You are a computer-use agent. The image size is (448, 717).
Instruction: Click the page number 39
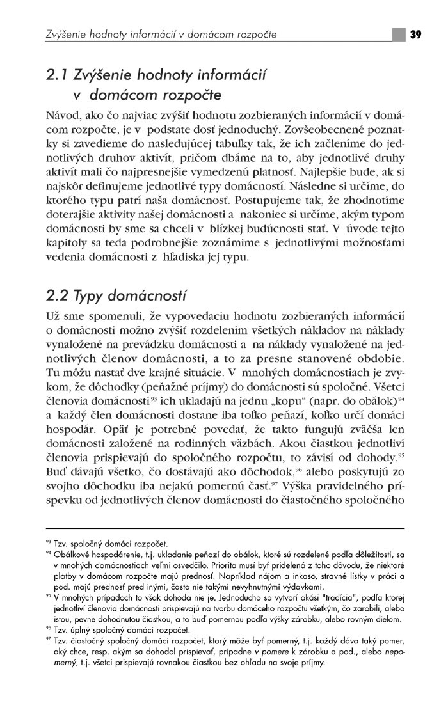pyautogui.click(x=415, y=34)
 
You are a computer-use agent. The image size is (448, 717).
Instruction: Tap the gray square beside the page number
pyautogui.click(x=399, y=34)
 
